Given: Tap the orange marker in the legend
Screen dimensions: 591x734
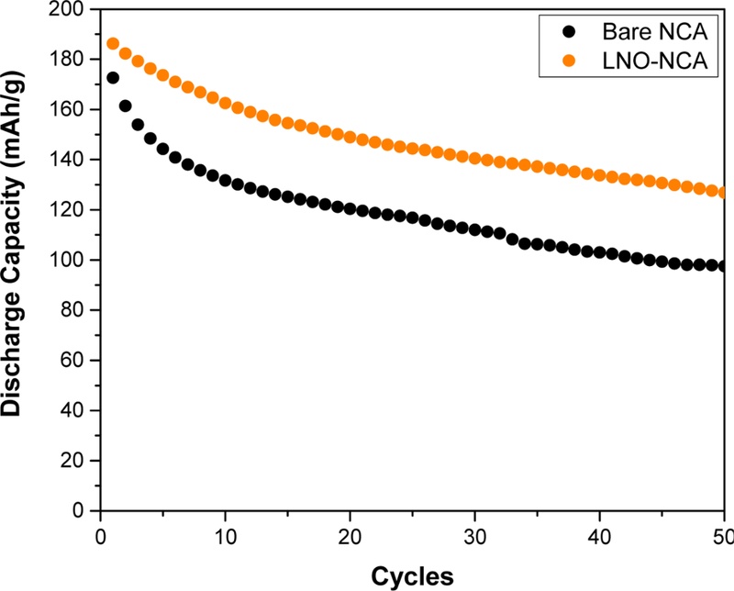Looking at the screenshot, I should [571, 60].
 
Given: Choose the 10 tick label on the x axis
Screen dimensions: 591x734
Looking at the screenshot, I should [225, 535].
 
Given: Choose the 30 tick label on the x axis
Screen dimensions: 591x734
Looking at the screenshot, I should [474, 535].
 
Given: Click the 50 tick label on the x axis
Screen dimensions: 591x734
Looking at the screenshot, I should [722, 535].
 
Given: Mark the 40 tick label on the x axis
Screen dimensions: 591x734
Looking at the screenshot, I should [599, 535].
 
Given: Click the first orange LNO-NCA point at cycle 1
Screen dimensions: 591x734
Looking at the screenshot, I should [113, 43].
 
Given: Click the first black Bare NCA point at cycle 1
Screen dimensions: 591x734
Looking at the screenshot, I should [113, 78].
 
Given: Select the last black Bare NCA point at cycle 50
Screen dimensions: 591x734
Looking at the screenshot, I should [724, 266].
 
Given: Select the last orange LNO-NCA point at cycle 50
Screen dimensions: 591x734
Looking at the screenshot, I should [724, 193].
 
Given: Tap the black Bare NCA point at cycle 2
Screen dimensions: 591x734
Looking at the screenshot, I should [126, 106].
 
